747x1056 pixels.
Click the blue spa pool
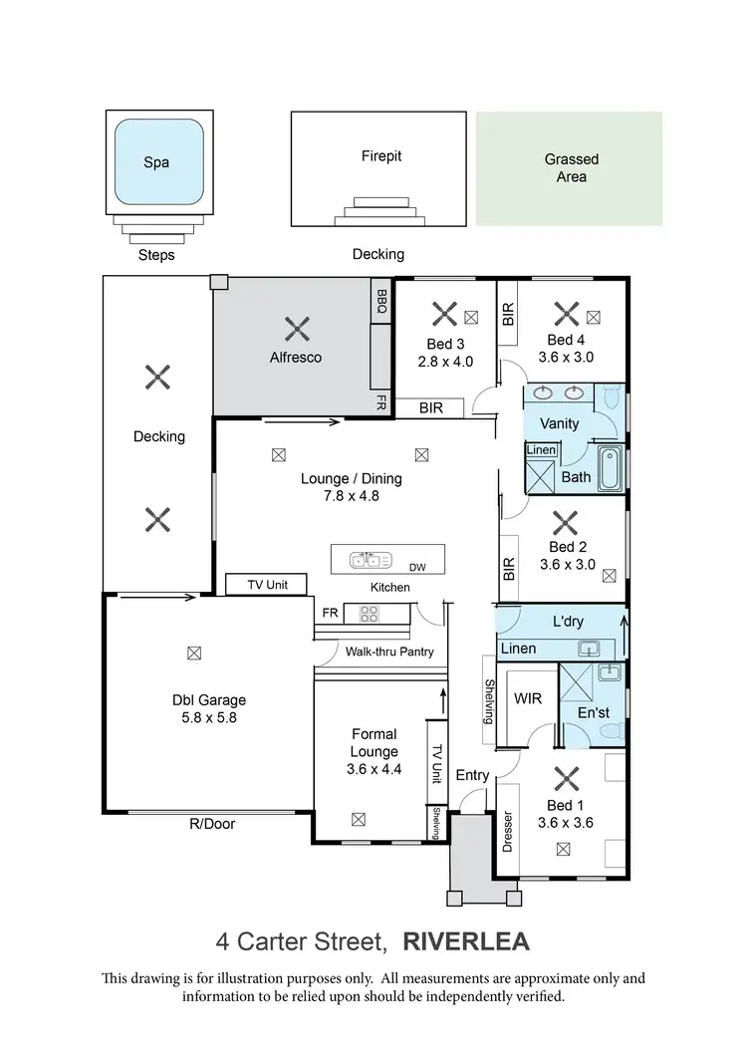click(x=157, y=162)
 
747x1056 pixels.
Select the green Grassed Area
click(x=570, y=167)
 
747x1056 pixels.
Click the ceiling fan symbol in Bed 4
click(x=565, y=315)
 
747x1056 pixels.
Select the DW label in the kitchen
click(x=417, y=567)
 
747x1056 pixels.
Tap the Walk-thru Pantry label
click(x=390, y=653)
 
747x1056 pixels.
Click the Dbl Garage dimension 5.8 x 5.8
click(x=208, y=716)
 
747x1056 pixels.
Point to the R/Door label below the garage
click(x=211, y=824)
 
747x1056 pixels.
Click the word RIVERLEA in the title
click(x=466, y=941)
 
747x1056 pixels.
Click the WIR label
click(x=528, y=698)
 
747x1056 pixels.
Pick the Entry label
click(x=473, y=775)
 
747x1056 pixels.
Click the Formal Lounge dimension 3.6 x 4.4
click(x=374, y=768)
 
